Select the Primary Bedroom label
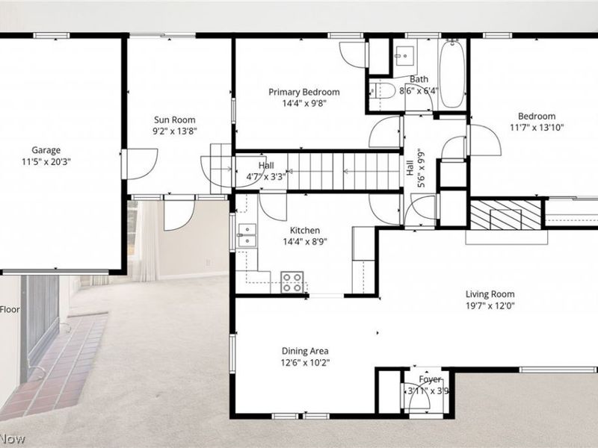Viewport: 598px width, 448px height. click(304, 92)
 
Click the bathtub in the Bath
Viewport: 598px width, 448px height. click(451, 77)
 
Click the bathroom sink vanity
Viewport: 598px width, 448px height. click(404, 55)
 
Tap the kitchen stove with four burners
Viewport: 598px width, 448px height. click(292, 282)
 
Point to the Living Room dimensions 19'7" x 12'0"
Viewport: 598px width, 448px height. click(490, 305)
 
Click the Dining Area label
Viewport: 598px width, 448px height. click(305, 351)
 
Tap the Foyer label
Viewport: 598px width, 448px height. click(430, 379)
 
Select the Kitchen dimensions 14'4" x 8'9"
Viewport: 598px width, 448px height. click(304, 242)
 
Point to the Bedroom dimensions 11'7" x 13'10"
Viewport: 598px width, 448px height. click(537, 128)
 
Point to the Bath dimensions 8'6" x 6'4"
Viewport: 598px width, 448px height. click(419, 91)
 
